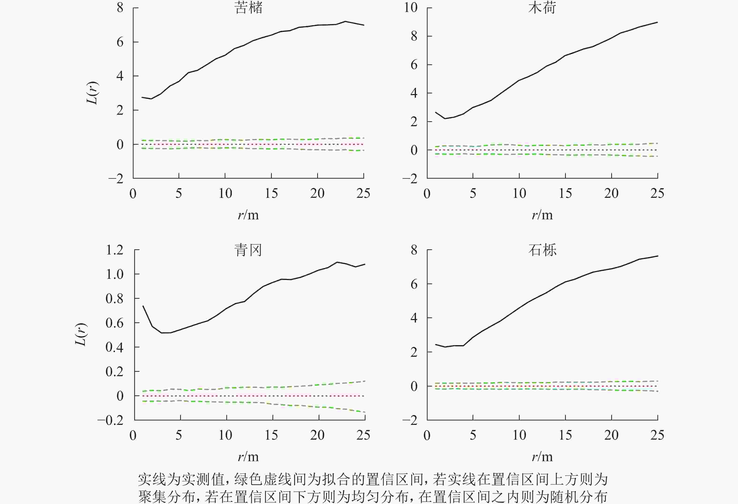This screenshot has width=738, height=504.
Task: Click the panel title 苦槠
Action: click(249, 8)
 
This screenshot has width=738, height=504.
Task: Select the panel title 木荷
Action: click(542, 8)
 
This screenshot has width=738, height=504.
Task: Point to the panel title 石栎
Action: click(542, 250)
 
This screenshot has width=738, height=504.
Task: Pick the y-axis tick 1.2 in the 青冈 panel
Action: click(114, 250)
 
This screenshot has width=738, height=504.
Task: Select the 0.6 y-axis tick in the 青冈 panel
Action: click(114, 323)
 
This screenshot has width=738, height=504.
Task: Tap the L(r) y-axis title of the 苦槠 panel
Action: click(92, 93)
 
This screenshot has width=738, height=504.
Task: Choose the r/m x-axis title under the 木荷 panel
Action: click(542, 215)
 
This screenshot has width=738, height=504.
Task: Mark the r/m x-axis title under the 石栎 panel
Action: click(542, 457)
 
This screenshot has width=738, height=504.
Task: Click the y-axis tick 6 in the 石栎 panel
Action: click(414, 284)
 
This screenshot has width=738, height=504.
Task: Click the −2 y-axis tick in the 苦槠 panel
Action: click(116, 179)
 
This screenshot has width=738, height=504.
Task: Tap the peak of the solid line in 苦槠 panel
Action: click(345, 21)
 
